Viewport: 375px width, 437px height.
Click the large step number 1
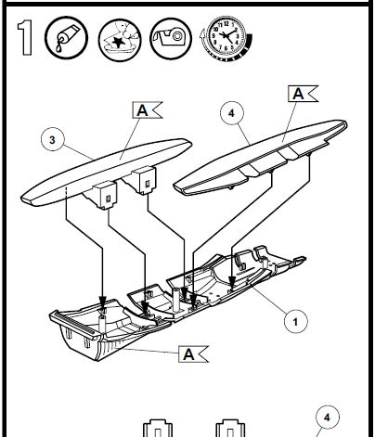click(x=25, y=38)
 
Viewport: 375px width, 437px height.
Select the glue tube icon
click(x=66, y=38)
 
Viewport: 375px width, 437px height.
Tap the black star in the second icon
click(x=118, y=42)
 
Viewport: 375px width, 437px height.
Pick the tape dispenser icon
click(x=171, y=38)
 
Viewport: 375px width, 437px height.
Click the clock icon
click(x=226, y=38)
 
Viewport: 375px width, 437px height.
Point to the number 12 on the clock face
click(x=226, y=24)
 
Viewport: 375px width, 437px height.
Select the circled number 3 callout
click(x=53, y=139)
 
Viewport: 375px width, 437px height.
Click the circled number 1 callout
click(x=296, y=322)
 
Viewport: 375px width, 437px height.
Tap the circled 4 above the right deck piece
click(x=232, y=113)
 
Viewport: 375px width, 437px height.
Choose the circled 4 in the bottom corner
click(x=328, y=418)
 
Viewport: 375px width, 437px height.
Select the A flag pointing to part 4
click(x=303, y=94)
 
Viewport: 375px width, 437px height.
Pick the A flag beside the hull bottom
click(x=193, y=353)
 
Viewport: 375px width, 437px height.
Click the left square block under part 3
click(x=105, y=195)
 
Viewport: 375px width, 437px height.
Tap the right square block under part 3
click(x=143, y=181)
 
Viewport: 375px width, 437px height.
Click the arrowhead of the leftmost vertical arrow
click(x=102, y=302)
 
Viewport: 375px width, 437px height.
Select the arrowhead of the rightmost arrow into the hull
click(x=232, y=281)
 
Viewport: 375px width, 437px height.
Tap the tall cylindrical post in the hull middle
click(x=176, y=299)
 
